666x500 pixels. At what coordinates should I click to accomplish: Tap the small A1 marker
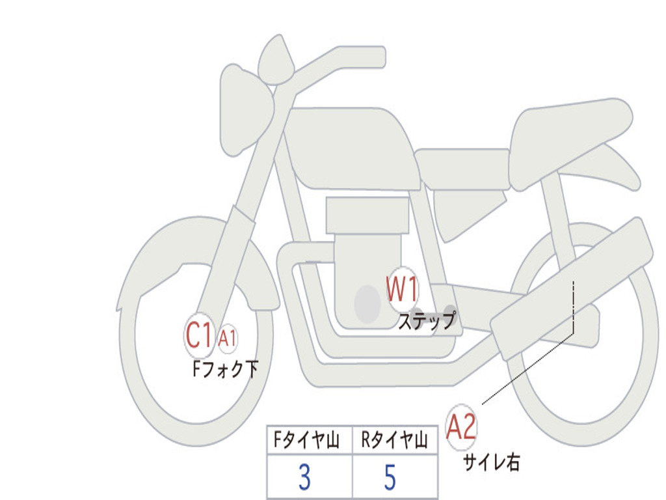coord(228,338)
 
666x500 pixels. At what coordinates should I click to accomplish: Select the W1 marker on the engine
coord(403,289)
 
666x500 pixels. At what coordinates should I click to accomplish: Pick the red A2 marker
coord(462,427)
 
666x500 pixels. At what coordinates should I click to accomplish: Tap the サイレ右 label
coord(491,462)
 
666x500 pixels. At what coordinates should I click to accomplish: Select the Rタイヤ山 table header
coord(394,441)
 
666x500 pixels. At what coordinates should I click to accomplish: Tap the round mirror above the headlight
coord(276,62)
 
